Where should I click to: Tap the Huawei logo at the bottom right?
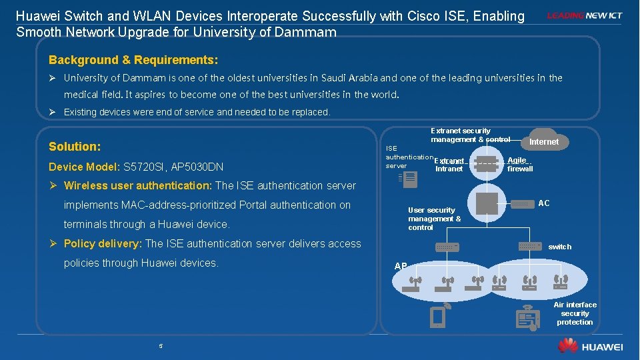pyautogui.click(x=591, y=346)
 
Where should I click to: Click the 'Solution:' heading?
pyautogui.click(x=75, y=146)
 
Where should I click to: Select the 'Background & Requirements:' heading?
pyautogui.click(x=133, y=60)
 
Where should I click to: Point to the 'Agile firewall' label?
pyautogui.click(x=519, y=165)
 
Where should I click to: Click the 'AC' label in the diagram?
pyautogui.click(x=544, y=203)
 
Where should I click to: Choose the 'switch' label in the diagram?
pyautogui.click(x=559, y=247)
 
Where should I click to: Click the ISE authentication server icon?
pyautogui.click(x=401, y=177)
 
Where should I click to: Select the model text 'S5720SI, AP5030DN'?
pyautogui.click(x=174, y=167)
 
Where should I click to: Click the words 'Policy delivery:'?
pyautogui.click(x=103, y=243)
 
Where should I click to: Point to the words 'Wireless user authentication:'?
pyautogui.click(x=138, y=185)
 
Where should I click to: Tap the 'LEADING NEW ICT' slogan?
pyautogui.click(x=585, y=15)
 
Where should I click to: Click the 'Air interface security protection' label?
pyautogui.click(x=575, y=313)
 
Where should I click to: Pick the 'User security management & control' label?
pyautogui.click(x=434, y=219)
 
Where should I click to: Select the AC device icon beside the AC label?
pyautogui.click(x=523, y=204)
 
